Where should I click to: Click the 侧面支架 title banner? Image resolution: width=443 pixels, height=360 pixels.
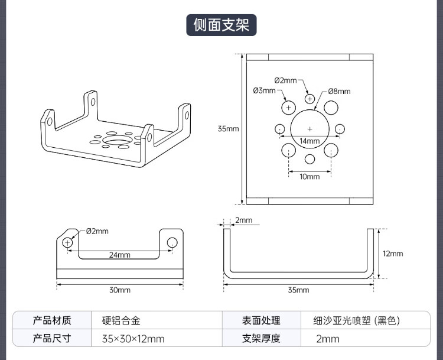[x=221, y=25]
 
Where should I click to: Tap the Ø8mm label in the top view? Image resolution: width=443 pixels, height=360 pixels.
[x=340, y=91]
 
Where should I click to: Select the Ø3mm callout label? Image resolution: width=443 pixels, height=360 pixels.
[x=264, y=90]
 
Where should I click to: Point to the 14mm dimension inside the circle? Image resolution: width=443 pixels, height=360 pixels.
[x=309, y=141]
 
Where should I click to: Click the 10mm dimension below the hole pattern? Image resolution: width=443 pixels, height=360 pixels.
[x=309, y=176]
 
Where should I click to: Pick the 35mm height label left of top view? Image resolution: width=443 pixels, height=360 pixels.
[x=228, y=128]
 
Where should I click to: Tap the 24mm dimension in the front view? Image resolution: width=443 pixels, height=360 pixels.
[x=119, y=255]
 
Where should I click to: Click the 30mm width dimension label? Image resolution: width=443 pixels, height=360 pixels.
[x=119, y=290]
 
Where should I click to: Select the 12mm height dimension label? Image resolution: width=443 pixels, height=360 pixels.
[x=393, y=254]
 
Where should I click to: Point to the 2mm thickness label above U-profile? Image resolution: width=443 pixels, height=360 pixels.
[x=243, y=220]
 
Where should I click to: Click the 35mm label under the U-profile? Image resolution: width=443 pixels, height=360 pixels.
[x=298, y=290]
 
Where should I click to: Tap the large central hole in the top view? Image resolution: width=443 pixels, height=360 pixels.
[x=310, y=128]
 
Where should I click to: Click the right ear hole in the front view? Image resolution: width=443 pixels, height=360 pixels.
[x=172, y=242]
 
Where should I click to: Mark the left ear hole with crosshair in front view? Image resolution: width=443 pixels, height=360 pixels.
[x=68, y=242]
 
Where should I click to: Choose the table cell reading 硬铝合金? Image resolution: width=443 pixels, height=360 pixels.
[x=121, y=320]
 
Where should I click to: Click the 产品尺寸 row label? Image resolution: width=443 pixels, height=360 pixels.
[x=52, y=339]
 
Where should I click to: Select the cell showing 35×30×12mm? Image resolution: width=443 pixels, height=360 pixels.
[x=133, y=339]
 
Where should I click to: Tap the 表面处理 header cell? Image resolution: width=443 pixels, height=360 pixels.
[x=261, y=320]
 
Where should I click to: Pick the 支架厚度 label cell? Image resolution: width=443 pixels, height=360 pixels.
[x=261, y=339]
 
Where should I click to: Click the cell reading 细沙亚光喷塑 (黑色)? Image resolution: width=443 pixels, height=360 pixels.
[x=357, y=320]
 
